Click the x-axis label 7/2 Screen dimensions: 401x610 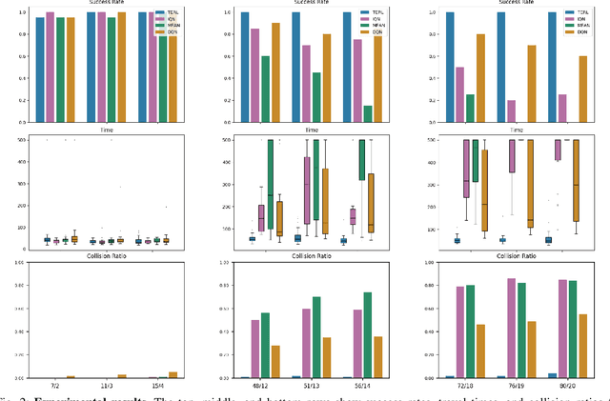(x=55, y=387)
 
